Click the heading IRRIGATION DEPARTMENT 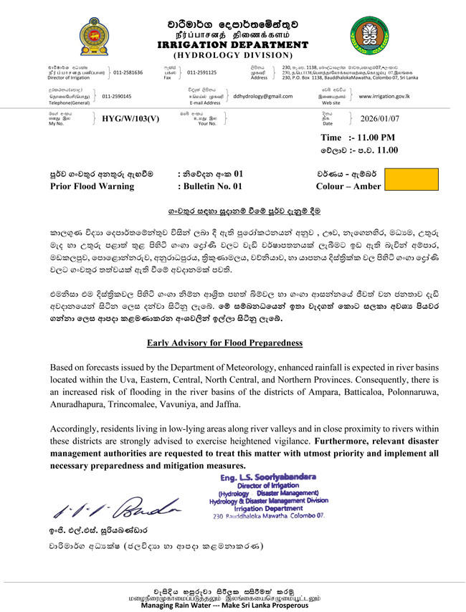tap(233, 44)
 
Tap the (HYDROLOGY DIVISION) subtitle tap(233, 54)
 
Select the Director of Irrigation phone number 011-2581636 tap(128, 72)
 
